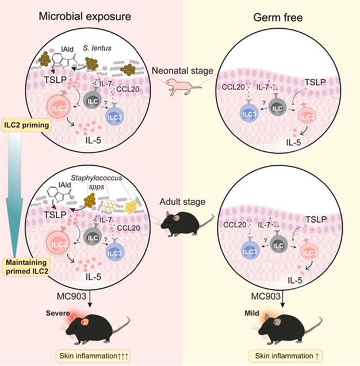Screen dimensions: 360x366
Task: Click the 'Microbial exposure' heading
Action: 85,17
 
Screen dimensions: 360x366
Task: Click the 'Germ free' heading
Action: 278,17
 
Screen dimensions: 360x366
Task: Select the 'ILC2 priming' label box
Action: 26,125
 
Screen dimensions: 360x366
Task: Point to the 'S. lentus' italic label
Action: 97,48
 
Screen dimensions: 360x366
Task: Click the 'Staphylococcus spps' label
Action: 97,182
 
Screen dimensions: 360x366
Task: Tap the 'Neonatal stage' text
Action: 183,70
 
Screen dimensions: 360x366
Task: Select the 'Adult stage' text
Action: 182,201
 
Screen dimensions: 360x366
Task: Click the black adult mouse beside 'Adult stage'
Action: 185,223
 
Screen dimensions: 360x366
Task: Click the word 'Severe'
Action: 58,313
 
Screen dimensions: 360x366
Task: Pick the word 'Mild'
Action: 252,313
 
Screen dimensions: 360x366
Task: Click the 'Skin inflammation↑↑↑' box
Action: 93,356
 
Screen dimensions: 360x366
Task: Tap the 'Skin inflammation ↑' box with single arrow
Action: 286,356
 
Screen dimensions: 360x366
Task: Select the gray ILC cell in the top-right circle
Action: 277,107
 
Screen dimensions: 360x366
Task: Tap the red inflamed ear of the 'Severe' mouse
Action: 84,322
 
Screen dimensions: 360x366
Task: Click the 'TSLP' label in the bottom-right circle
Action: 316,219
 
